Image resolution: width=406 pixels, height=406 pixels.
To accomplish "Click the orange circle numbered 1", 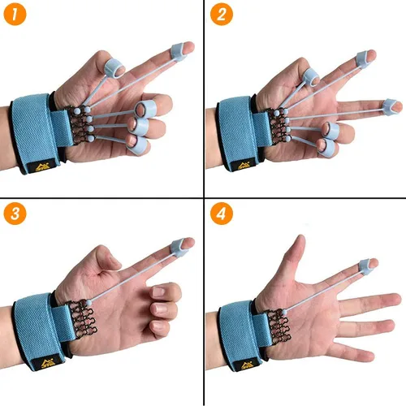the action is [15, 14].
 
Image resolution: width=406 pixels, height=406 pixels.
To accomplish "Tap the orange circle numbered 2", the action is [222, 14].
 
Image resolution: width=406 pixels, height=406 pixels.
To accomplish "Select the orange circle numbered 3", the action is [15, 214].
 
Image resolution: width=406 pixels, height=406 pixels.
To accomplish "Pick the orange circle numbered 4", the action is [222, 214].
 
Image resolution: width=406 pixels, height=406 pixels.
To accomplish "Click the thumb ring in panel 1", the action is [113, 68].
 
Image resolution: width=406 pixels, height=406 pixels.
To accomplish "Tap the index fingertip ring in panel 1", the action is [179, 51].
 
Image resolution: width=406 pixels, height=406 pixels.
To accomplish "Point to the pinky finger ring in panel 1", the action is [138, 145].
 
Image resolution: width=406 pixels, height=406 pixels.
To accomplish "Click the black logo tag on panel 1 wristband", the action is [43, 166].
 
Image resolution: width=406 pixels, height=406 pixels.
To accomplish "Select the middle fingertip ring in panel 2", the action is [390, 106].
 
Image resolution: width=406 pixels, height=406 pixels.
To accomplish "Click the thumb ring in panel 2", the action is [311, 76].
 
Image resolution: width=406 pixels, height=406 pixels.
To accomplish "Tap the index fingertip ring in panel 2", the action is [363, 59].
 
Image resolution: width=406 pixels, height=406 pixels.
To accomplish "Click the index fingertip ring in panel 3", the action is [179, 247].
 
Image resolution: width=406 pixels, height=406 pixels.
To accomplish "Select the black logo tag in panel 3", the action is [48, 361].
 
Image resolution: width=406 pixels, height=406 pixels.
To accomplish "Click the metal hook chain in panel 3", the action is [82, 319].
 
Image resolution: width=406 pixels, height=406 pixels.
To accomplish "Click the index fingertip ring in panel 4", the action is [366, 266].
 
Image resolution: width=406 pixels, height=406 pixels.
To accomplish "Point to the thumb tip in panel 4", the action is [300, 240].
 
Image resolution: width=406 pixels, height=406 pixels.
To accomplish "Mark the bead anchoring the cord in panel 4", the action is [284, 313].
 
